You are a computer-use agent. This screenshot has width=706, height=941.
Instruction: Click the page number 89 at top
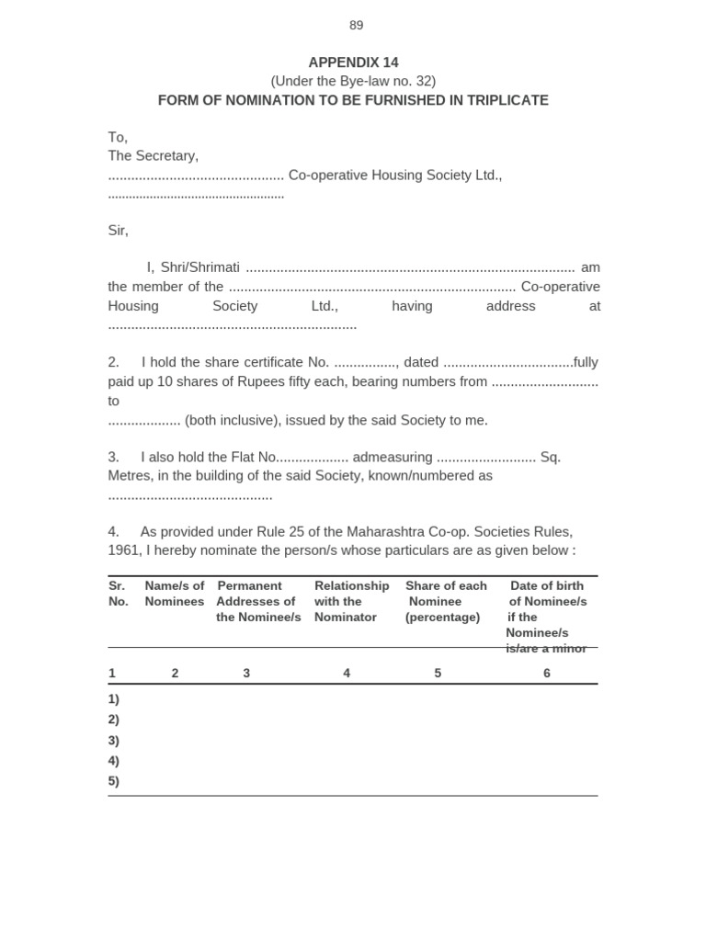click(356, 26)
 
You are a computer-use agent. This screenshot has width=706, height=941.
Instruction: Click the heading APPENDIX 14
click(353, 62)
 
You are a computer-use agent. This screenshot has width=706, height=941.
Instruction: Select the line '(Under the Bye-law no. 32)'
click(353, 81)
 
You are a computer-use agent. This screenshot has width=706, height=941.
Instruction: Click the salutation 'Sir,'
click(118, 231)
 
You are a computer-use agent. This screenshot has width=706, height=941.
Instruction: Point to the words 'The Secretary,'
click(153, 156)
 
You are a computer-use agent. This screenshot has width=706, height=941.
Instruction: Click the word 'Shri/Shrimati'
click(199, 267)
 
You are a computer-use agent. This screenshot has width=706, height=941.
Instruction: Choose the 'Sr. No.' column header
click(118, 594)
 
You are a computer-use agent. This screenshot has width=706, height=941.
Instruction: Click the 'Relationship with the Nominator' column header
click(351, 601)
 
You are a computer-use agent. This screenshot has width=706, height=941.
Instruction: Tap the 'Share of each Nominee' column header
click(446, 601)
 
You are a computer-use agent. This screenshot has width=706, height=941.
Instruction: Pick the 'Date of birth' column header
click(547, 586)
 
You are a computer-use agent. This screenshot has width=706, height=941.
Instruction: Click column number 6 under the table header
click(547, 673)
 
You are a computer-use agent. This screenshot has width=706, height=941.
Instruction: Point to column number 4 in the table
click(347, 673)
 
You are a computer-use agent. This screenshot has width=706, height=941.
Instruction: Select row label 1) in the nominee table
click(114, 698)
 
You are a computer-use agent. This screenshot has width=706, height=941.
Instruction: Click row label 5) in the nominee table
click(114, 781)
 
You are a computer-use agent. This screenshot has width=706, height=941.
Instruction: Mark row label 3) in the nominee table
click(114, 740)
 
